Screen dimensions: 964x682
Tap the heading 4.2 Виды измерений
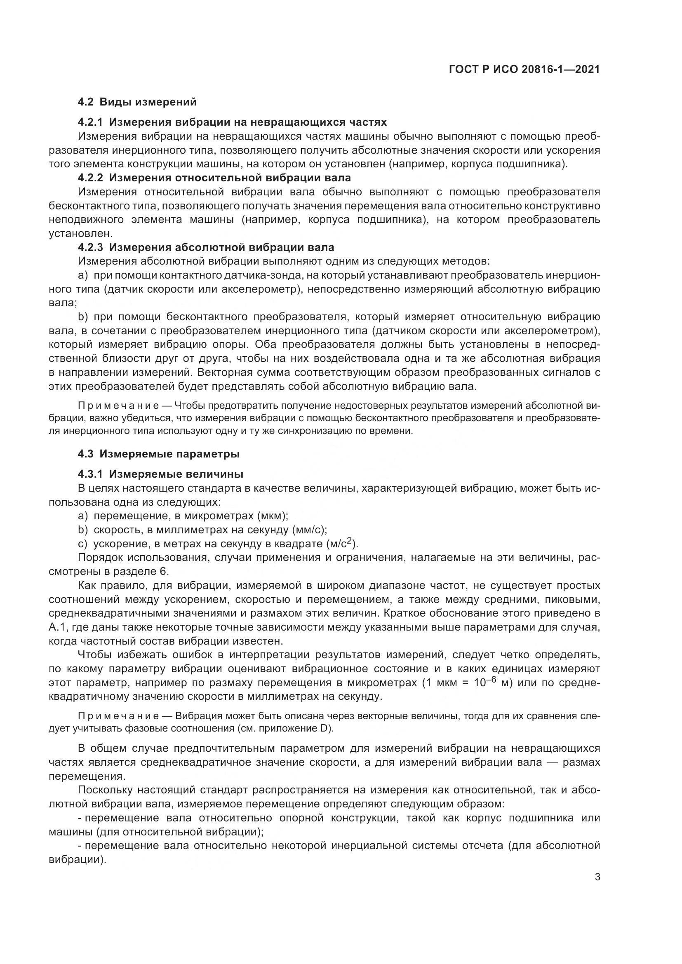click(137, 102)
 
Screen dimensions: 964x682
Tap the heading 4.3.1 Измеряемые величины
click(160, 474)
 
